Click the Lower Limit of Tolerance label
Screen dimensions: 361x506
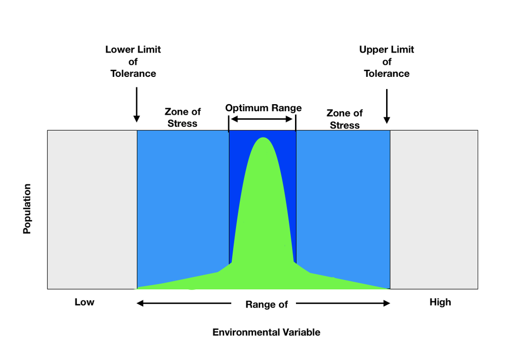pyautogui.click(x=133, y=62)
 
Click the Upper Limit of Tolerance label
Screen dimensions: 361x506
pyautogui.click(x=387, y=62)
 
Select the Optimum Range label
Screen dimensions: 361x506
pyautogui.click(x=263, y=108)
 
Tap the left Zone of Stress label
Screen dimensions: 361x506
pyautogui.click(x=183, y=117)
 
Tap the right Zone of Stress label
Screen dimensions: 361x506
pyautogui.click(x=345, y=119)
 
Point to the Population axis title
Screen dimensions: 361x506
pyautogui.click(x=27, y=209)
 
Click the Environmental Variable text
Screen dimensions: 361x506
pyautogui.click(x=266, y=332)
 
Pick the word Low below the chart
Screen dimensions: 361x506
pyautogui.click(x=85, y=302)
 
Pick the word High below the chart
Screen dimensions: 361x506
pyautogui.click(x=440, y=302)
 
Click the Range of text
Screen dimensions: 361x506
pyautogui.click(x=266, y=304)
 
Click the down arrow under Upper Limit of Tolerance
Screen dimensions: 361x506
pyautogui.click(x=387, y=106)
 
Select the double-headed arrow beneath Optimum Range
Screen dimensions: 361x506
pyautogui.click(x=262, y=119)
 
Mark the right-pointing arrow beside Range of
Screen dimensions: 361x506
pyautogui.click(x=343, y=303)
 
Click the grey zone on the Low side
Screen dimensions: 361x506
pyautogui.click(x=92, y=209)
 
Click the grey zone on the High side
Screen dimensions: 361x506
pyautogui.click(x=434, y=209)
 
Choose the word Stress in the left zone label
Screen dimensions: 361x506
pyautogui.click(x=183, y=123)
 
